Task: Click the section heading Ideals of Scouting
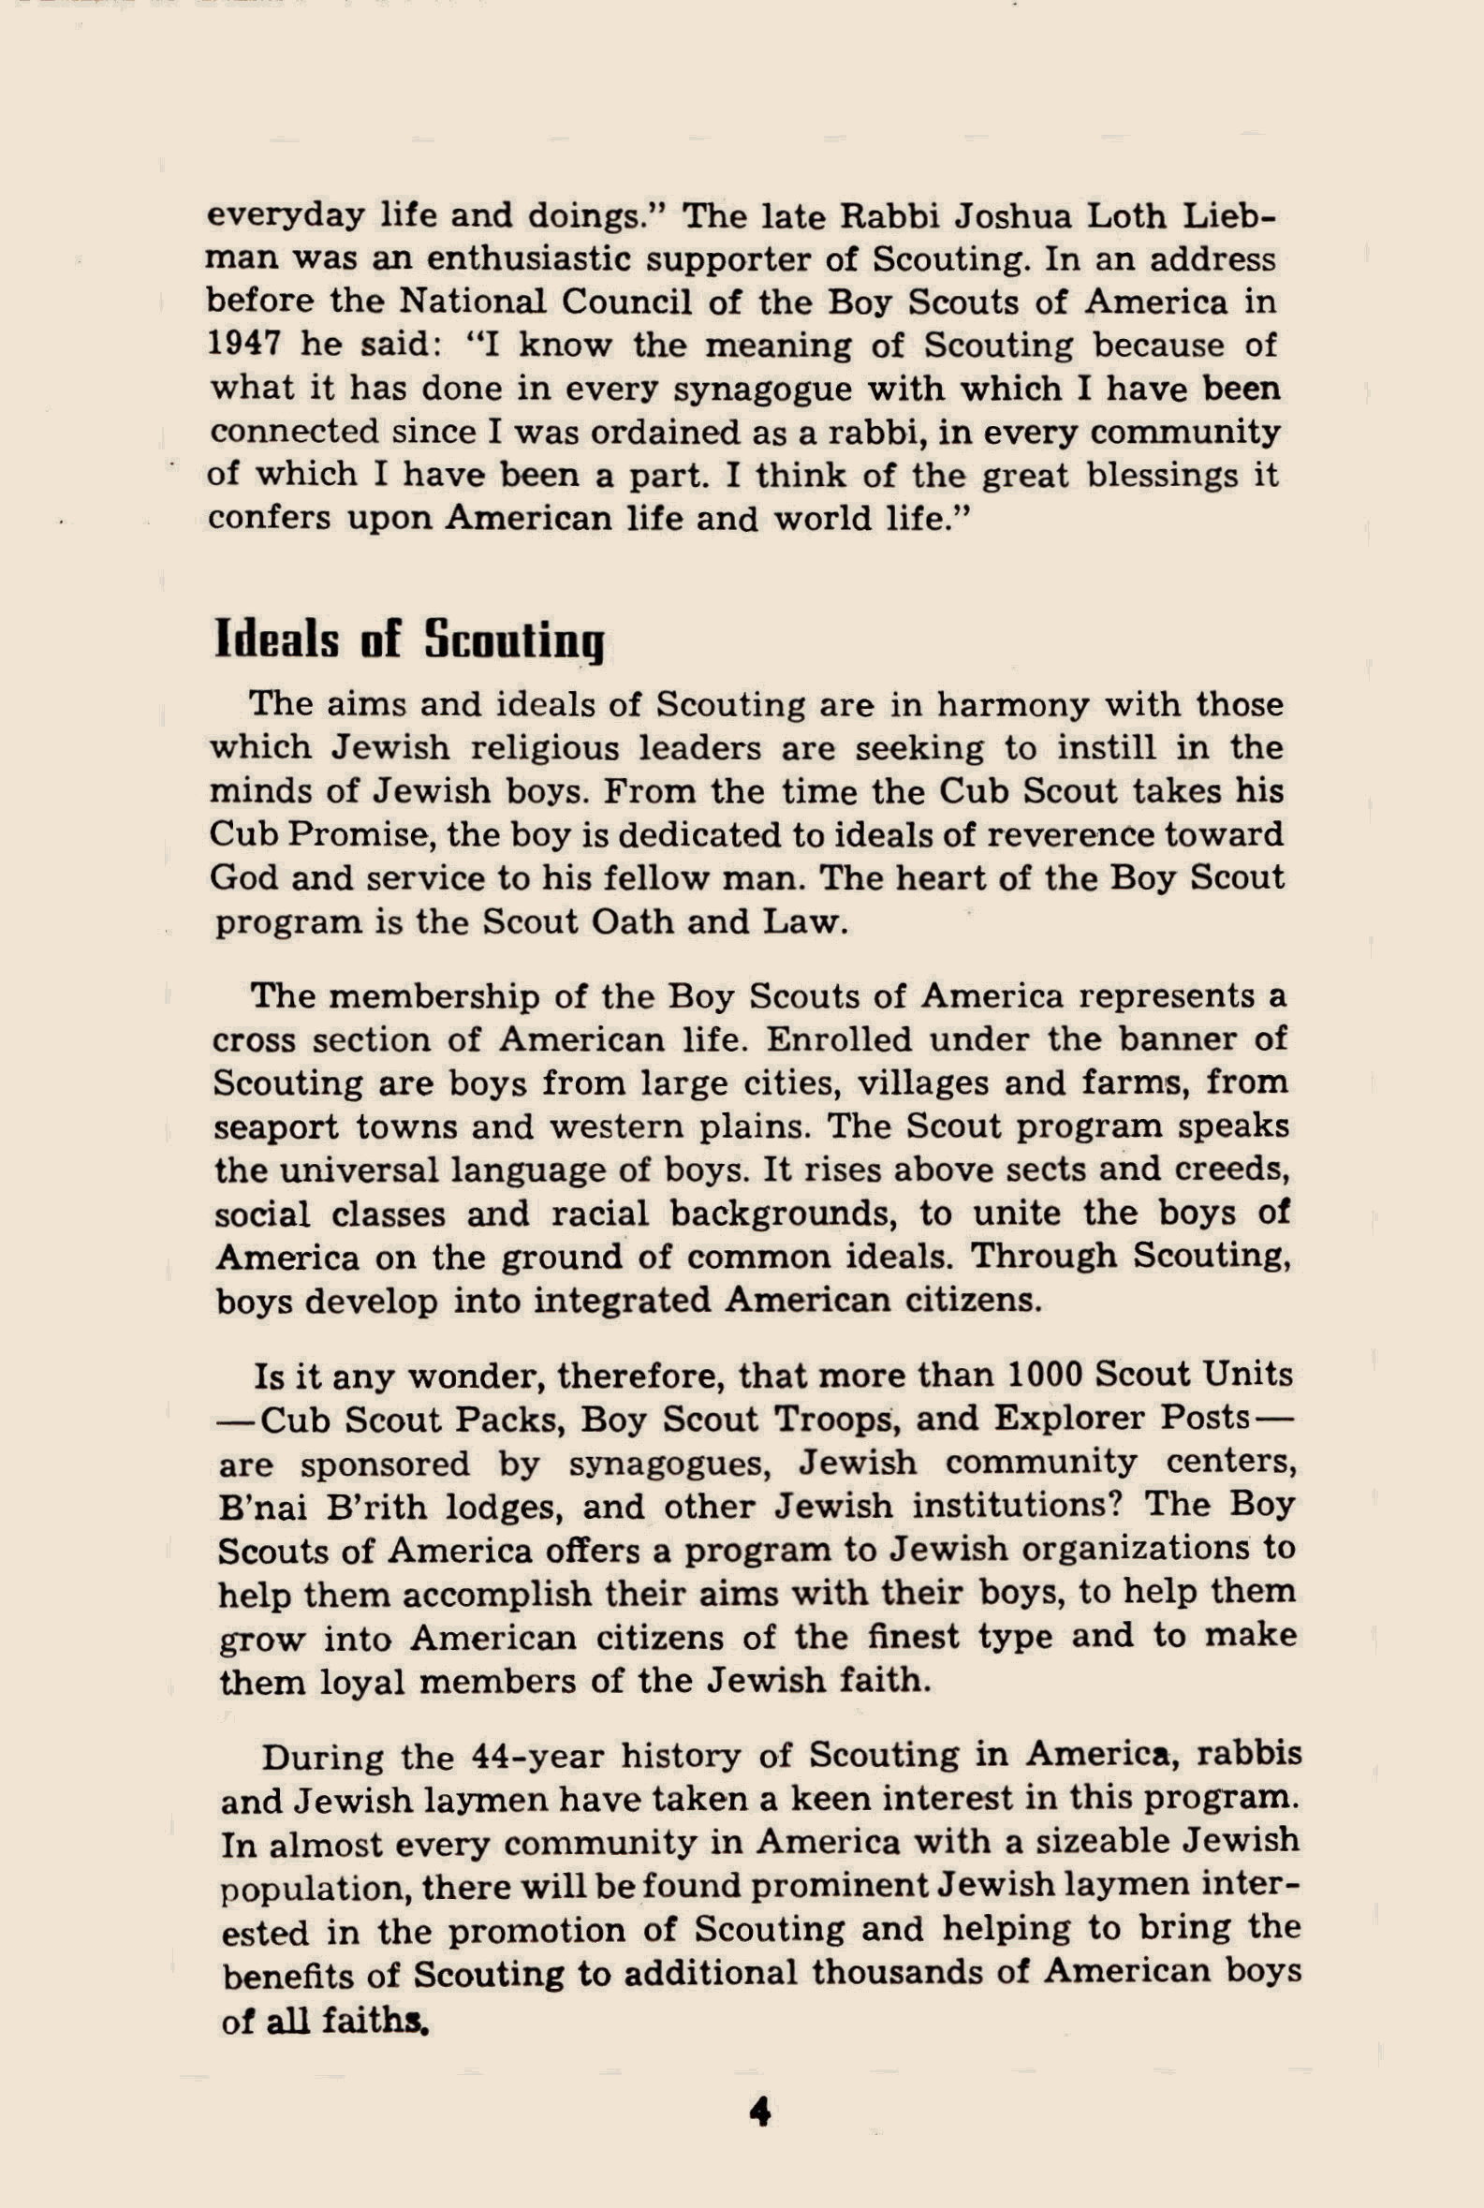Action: pyautogui.click(x=409, y=640)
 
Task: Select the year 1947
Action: pyautogui.click(x=244, y=345)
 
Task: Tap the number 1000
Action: pyautogui.click(x=1054, y=1375)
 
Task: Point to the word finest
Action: pyautogui.click(x=905, y=1637)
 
